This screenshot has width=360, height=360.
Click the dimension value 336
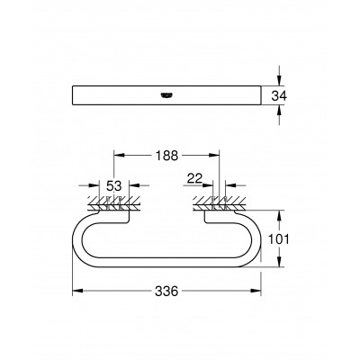(x=166, y=292)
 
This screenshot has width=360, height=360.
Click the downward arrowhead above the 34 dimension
(x=279, y=82)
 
